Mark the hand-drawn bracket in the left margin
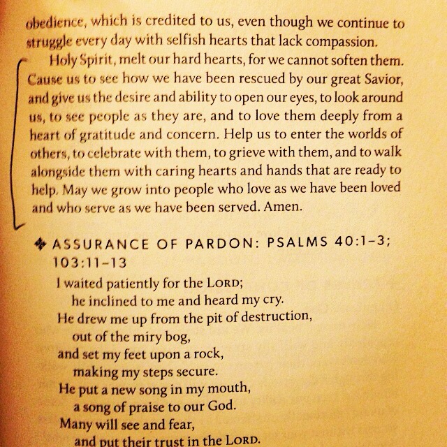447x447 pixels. tap(15, 140)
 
